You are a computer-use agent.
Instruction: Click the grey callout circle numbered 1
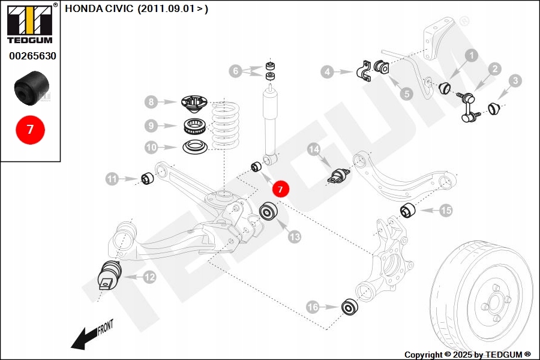click(x=471, y=56)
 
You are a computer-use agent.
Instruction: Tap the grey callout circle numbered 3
click(x=515, y=80)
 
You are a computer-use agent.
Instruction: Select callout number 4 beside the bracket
click(x=327, y=73)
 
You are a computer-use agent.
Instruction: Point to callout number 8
click(x=152, y=102)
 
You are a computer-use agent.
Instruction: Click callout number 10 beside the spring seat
click(x=152, y=147)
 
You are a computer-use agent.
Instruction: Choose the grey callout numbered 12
click(x=149, y=277)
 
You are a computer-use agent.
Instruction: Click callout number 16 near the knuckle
click(x=313, y=307)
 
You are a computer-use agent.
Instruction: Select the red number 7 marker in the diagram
click(x=280, y=189)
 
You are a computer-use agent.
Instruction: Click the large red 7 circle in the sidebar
click(x=30, y=128)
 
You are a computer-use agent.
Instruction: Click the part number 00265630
click(x=32, y=56)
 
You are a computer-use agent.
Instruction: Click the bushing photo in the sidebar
click(x=31, y=87)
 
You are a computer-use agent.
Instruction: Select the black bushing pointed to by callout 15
click(x=409, y=211)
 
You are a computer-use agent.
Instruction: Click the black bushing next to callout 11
click(x=148, y=178)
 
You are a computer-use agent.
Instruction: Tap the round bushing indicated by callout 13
click(x=268, y=213)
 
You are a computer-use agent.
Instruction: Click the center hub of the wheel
click(x=496, y=300)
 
